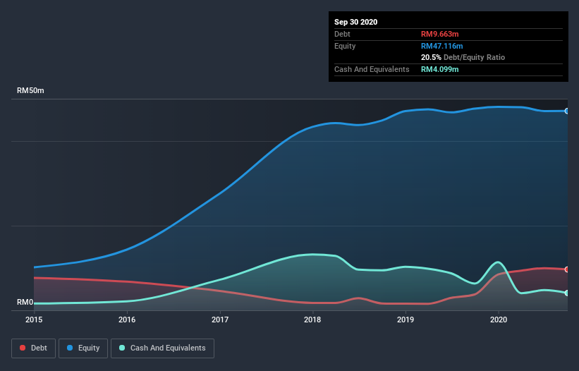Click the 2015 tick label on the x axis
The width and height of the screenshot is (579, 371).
(x=34, y=320)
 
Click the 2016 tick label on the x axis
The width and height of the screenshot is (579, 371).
(x=127, y=320)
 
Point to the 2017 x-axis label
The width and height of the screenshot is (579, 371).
(x=220, y=320)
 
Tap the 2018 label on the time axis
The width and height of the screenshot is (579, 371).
(x=312, y=320)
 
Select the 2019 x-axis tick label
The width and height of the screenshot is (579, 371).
(x=406, y=320)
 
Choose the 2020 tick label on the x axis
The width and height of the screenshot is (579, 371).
(x=499, y=320)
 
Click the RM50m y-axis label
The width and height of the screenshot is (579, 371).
(x=31, y=91)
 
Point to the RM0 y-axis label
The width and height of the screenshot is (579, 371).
(x=25, y=303)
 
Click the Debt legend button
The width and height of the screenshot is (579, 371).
(x=33, y=348)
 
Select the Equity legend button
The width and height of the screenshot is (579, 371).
(x=83, y=348)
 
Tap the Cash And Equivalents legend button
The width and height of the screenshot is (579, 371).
(x=162, y=348)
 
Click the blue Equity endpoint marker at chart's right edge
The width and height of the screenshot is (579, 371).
(x=567, y=111)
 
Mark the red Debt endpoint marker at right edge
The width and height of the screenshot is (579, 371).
(x=567, y=269)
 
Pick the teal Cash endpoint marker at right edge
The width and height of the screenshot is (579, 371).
(x=567, y=293)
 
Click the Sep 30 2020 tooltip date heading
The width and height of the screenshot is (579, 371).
(x=355, y=22)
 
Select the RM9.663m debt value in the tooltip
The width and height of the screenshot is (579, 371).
(x=440, y=34)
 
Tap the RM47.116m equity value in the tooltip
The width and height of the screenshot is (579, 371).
(x=442, y=46)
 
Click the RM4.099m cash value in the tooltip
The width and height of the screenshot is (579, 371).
(x=440, y=69)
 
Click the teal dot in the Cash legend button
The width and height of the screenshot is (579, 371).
(x=123, y=348)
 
